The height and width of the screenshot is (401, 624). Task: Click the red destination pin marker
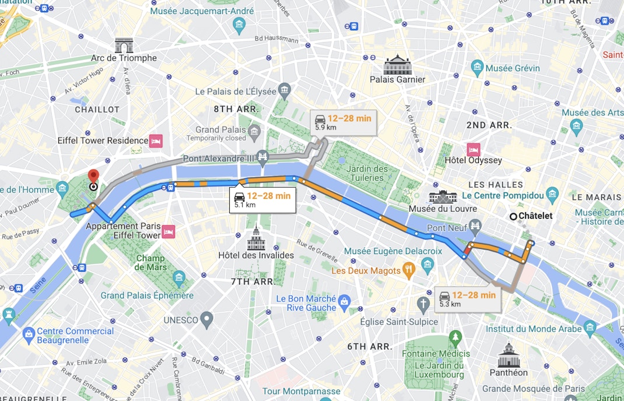[93, 176]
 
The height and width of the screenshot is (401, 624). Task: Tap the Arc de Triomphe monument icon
[124, 45]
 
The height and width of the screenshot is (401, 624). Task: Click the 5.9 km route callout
[342, 122]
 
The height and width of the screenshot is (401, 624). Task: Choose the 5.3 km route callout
[467, 299]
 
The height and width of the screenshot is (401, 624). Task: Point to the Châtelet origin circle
[513, 216]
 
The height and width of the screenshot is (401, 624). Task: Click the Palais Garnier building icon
[398, 64]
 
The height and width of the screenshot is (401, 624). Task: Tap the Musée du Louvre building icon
[443, 196]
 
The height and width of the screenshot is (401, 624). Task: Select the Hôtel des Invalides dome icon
[255, 239]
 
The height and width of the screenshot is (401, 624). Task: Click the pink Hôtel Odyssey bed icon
[473, 149]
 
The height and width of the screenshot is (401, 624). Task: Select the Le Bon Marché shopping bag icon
[344, 301]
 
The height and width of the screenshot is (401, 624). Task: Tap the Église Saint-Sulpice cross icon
[423, 304]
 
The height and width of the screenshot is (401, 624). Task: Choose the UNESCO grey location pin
[206, 319]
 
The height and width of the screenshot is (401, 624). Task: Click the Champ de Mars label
[151, 262]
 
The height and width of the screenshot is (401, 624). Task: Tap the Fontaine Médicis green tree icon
[455, 337]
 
